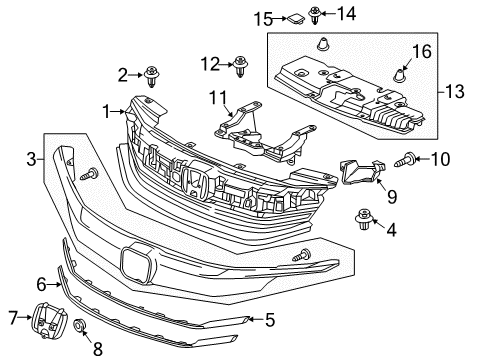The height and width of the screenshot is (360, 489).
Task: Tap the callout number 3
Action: [32, 157]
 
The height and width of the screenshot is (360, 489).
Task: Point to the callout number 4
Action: [390, 258]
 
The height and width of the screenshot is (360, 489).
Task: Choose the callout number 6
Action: [41, 284]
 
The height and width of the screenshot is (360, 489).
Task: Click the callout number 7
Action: [12, 318]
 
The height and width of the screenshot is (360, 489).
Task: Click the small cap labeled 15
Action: [296, 18]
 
